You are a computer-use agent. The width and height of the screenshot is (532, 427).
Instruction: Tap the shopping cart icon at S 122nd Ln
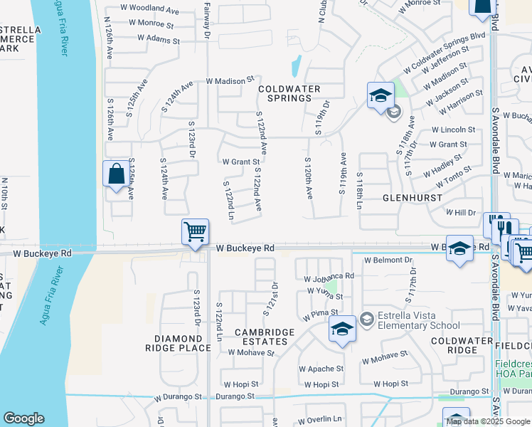tap(195, 233)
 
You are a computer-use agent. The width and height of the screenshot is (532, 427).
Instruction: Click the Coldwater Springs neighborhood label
tap(290, 93)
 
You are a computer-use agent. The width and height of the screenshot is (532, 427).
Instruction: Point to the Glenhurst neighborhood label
tap(408, 197)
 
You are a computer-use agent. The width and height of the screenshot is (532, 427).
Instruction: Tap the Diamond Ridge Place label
tap(178, 343)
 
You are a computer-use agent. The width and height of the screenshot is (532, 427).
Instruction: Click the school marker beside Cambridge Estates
tap(342, 330)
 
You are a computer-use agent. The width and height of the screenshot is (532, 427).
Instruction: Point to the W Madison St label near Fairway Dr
tap(230, 81)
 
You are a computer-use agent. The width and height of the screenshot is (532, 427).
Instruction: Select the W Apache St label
tap(321, 369)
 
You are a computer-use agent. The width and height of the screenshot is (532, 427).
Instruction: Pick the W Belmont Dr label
tap(388, 260)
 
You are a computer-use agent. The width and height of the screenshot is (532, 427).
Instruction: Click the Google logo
tap(23, 418)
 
